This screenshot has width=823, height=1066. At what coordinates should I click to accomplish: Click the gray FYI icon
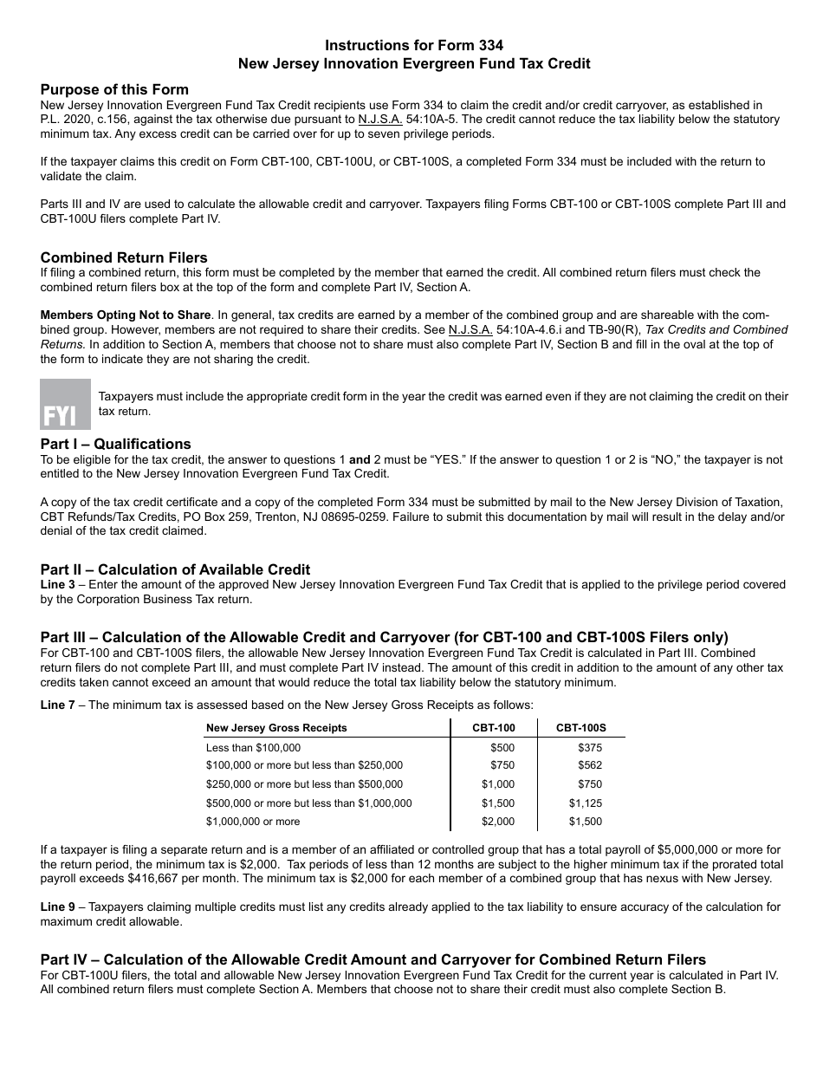point(65,404)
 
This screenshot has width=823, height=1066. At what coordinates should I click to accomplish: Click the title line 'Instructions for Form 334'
point(413,45)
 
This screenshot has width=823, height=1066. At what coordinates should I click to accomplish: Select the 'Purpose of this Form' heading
point(114,90)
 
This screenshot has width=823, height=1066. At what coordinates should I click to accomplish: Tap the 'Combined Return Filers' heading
point(124,257)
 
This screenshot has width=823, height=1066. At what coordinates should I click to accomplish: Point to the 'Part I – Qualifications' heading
point(116,445)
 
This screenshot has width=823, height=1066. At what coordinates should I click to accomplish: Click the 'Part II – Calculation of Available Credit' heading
point(175,569)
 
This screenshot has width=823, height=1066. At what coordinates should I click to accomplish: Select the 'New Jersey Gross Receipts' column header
point(276,728)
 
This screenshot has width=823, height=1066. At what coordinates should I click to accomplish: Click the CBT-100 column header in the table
point(494,728)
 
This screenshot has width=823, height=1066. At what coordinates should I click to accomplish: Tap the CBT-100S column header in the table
point(581,728)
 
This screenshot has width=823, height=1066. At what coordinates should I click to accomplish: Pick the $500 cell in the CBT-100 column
point(502,747)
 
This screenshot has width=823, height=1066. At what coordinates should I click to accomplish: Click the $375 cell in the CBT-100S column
point(589,747)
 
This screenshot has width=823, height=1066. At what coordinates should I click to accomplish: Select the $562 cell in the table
point(589,765)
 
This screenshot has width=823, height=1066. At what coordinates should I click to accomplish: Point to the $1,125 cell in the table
point(585,803)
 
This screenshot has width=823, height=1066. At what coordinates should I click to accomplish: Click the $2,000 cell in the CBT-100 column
point(498,822)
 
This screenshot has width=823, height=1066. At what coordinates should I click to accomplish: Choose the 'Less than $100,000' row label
point(253,747)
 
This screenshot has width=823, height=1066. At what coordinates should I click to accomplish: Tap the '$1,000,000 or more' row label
point(253,822)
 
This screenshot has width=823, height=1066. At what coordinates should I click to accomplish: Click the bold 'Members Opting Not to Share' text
point(126,315)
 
